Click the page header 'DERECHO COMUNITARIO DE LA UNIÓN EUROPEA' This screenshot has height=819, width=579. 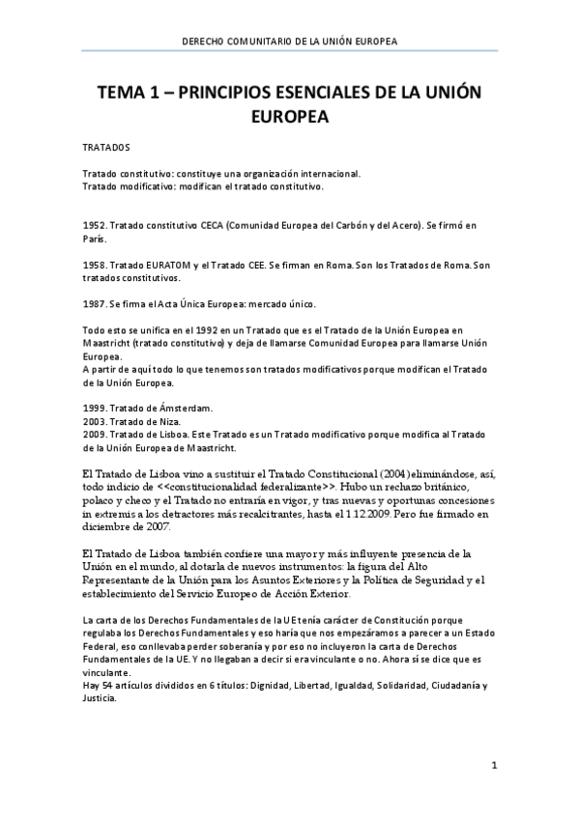pos(290,41)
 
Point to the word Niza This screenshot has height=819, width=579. pos(187,423)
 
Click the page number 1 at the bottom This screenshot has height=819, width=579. pos(493,767)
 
